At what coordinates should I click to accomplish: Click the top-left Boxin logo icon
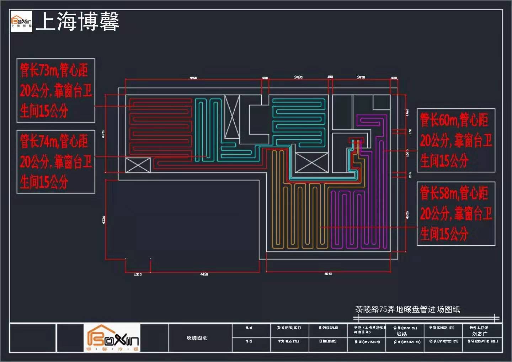[x=21, y=21]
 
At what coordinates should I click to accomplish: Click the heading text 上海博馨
[x=78, y=21]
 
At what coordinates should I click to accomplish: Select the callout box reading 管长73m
[x=56, y=90]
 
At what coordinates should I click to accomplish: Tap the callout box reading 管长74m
[x=56, y=162]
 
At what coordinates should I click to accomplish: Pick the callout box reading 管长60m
[x=456, y=140]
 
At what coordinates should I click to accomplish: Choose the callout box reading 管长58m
[x=456, y=213]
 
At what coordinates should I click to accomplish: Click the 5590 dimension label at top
[x=193, y=78]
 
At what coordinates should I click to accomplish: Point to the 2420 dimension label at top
[x=298, y=77]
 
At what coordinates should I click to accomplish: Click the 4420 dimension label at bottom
[x=204, y=274]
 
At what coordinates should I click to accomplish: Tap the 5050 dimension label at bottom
[x=328, y=274]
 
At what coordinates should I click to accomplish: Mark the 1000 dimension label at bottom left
[x=138, y=274]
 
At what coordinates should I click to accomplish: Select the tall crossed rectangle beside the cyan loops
[x=232, y=117]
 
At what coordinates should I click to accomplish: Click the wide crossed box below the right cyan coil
[x=311, y=163]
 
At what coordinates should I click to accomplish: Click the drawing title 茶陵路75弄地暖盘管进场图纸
[x=407, y=309]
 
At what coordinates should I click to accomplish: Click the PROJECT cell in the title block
[x=289, y=328]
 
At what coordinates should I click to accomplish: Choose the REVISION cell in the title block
[x=367, y=342]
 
